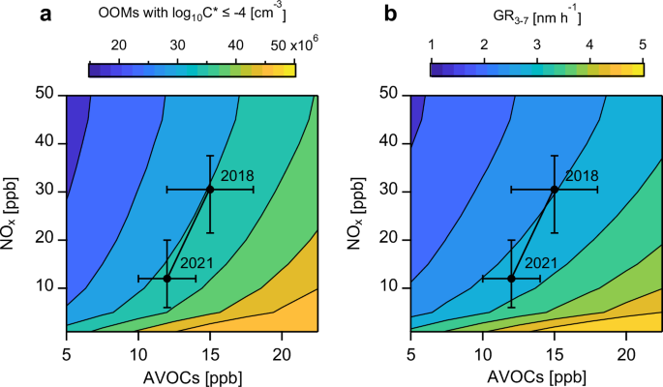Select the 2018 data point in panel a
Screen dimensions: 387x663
(x=210, y=190)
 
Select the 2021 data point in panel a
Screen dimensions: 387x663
(x=166, y=278)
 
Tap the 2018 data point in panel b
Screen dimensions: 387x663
(x=555, y=190)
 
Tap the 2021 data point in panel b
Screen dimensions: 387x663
(x=511, y=278)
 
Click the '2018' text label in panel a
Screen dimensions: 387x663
(x=237, y=175)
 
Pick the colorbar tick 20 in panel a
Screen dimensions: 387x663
(x=120, y=46)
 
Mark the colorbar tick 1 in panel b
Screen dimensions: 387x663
(x=432, y=46)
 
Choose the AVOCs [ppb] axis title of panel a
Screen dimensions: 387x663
(x=190, y=372)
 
